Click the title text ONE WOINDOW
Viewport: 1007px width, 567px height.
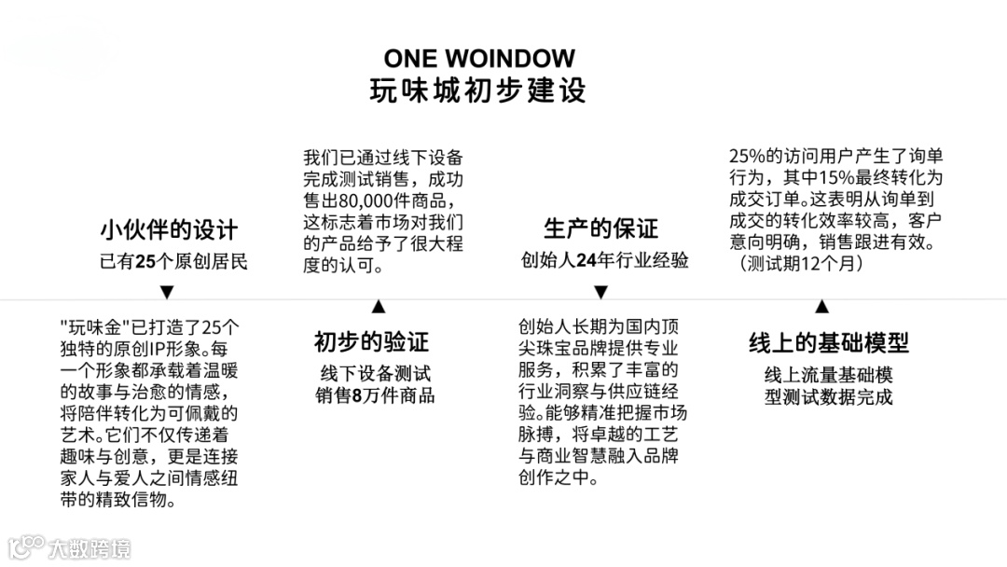click(x=479, y=59)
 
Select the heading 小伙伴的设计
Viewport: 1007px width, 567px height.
click(x=169, y=229)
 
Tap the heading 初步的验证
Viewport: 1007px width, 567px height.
click(x=377, y=342)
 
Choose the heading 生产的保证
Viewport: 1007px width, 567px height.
click(x=600, y=228)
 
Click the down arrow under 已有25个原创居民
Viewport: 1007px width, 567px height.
click(x=167, y=292)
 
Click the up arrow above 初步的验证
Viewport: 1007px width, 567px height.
click(x=378, y=306)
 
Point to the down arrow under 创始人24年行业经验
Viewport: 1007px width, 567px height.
click(x=602, y=292)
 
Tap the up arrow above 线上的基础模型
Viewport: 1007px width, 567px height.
click(x=821, y=306)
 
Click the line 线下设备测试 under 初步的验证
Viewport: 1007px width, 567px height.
click(x=376, y=374)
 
